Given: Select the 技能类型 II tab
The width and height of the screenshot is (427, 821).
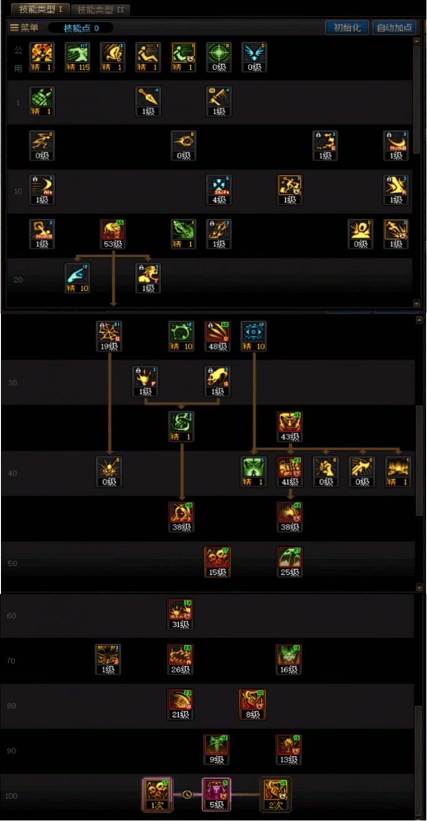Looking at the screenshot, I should pos(100,10).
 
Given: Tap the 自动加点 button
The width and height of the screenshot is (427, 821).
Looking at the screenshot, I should pos(394,28).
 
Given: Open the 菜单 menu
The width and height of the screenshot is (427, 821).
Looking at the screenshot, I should pos(24,28).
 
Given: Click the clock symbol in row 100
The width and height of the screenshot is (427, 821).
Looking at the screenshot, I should pos(187,794).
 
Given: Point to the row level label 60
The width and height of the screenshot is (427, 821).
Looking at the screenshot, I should pos(11,616).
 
